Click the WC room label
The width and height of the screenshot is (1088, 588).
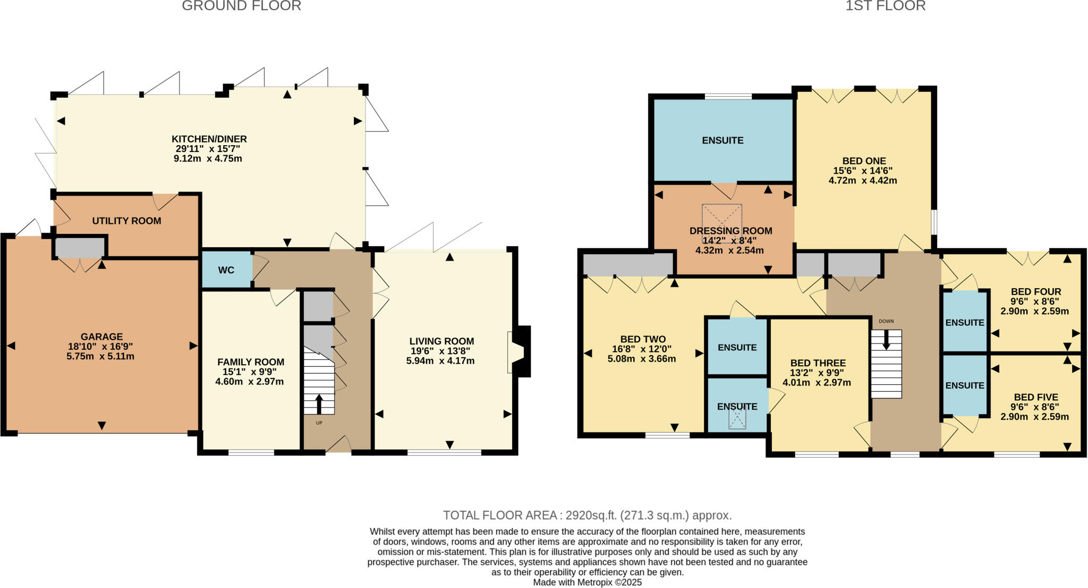(226, 270)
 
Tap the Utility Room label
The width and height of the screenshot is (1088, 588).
(126, 221)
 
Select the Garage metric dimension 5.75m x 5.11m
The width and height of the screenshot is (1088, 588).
(100, 356)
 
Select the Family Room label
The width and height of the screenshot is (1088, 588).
(251, 362)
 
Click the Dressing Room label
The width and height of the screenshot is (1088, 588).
(730, 231)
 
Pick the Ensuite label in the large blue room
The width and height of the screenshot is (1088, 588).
(722, 140)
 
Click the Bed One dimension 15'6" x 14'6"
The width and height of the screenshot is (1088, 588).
(863, 171)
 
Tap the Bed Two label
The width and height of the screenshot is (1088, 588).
(643, 339)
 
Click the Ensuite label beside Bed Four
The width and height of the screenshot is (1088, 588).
(965, 323)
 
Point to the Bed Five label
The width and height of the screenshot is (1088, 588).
(1036, 397)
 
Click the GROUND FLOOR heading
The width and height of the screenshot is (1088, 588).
(241, 6)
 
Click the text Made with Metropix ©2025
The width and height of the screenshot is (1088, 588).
(587, 582)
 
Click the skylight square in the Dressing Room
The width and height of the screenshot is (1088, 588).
(722, 217)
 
